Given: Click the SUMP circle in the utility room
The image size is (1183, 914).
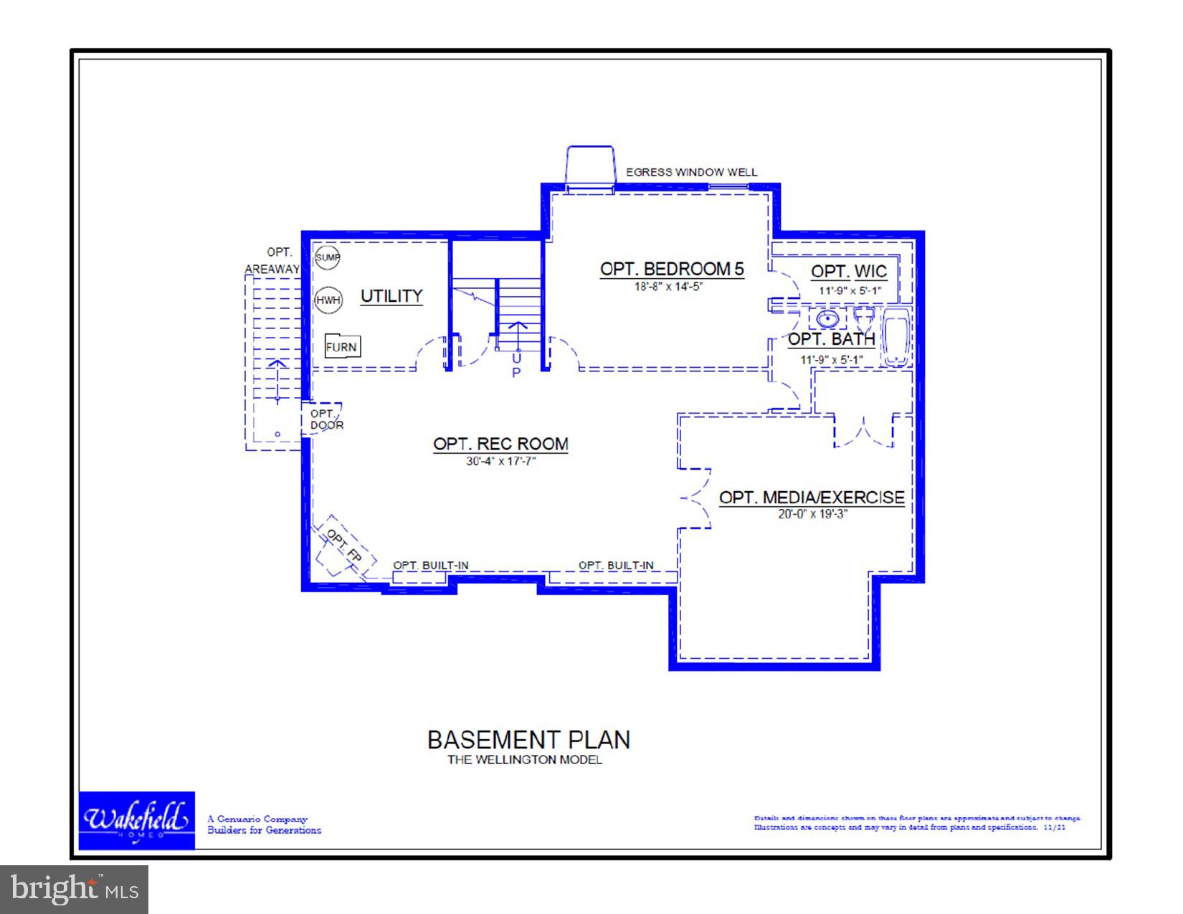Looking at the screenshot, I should point(328,257).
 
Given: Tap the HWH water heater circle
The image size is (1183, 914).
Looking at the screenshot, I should point(328,300).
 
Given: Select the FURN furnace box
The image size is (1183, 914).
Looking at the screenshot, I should point(342,347).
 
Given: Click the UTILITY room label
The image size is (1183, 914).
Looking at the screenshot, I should point(391,296).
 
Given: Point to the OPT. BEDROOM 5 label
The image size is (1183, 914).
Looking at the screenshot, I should point(672,270).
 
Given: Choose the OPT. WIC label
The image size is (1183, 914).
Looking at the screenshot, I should point(849,272).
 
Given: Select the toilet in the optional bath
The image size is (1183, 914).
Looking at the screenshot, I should point(864,316).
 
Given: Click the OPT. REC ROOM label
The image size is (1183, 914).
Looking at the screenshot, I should point(500,444).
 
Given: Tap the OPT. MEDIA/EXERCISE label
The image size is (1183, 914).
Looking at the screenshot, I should point(812,498).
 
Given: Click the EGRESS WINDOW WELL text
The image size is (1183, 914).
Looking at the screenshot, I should point(691,173).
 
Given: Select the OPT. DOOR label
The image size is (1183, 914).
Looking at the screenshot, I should point(326,419).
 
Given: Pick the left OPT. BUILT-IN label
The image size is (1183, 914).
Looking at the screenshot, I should point(430,566).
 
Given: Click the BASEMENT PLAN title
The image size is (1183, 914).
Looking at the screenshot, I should point(528,740).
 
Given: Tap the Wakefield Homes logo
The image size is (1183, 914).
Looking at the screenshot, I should point(136,820).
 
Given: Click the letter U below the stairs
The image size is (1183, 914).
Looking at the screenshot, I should point(516,357).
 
